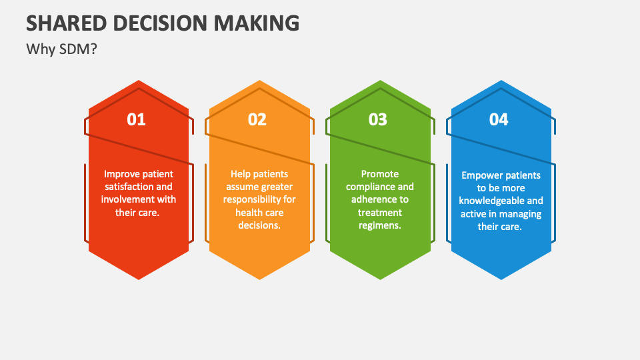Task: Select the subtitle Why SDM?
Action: pos(61,49)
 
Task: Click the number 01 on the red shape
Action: pos(136,119)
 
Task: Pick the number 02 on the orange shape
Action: pos(257,119)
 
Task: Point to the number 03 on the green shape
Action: pos(378,119)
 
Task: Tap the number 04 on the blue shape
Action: pos(499,119)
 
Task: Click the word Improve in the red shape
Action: pos(121,174)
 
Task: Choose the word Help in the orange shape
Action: pos(241,174)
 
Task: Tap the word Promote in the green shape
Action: pos(380,174)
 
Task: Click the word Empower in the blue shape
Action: pos(483,175)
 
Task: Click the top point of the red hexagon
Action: pos(139,81)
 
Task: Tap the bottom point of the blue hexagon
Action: pos(501,279)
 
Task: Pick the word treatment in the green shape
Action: pos(380,213)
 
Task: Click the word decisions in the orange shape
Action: pos(259,225)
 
